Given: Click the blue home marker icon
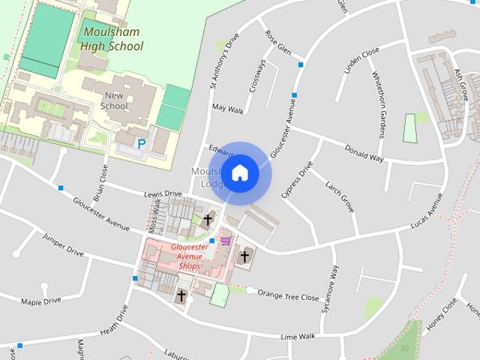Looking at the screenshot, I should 239,172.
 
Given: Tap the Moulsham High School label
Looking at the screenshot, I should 113,39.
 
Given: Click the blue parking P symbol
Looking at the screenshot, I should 141,142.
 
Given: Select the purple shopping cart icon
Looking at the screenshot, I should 225,241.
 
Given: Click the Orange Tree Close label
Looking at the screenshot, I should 289,295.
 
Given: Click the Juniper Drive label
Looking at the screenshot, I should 63,248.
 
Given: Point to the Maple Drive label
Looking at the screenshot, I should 41,301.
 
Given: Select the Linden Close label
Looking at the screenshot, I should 362,64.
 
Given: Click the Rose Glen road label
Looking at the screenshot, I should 278,43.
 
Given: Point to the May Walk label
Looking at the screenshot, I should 228,109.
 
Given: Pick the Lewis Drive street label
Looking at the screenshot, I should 163,193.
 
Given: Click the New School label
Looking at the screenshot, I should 115,100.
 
